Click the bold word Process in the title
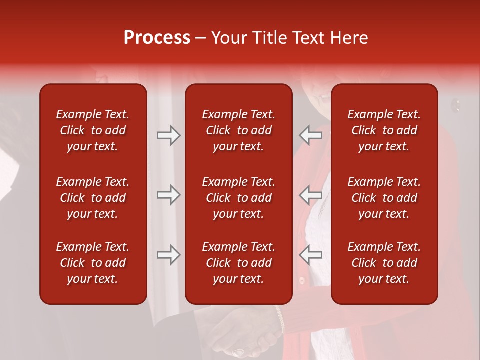157,38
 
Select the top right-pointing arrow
168,135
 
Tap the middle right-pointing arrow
168,195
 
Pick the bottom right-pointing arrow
168,255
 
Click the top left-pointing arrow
311,135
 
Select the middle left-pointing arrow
311,195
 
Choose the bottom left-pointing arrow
311,255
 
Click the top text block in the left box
93,130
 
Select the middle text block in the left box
93,198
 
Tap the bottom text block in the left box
93,263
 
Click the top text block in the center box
238,130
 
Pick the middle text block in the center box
238,198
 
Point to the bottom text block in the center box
238,263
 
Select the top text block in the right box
384,130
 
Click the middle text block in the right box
384,198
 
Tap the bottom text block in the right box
384,263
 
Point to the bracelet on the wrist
280,320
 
